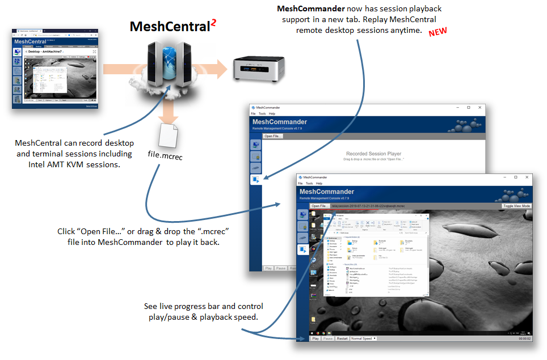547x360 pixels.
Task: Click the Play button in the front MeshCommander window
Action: [315, 338]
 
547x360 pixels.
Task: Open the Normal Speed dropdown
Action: [364, 338]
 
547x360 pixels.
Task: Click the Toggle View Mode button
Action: [516, 206]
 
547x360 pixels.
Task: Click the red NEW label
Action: [438, 32]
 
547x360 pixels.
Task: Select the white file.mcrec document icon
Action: [169, 134]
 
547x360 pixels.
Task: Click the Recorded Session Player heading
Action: [373, 154]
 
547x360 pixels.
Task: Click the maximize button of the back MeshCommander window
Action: [469, 107]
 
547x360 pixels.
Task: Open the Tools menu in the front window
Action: [309, 184]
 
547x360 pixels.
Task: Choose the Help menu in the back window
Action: [272, 113]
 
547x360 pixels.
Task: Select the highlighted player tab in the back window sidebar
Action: [256, 180]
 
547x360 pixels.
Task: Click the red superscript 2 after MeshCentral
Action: [214, 23]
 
